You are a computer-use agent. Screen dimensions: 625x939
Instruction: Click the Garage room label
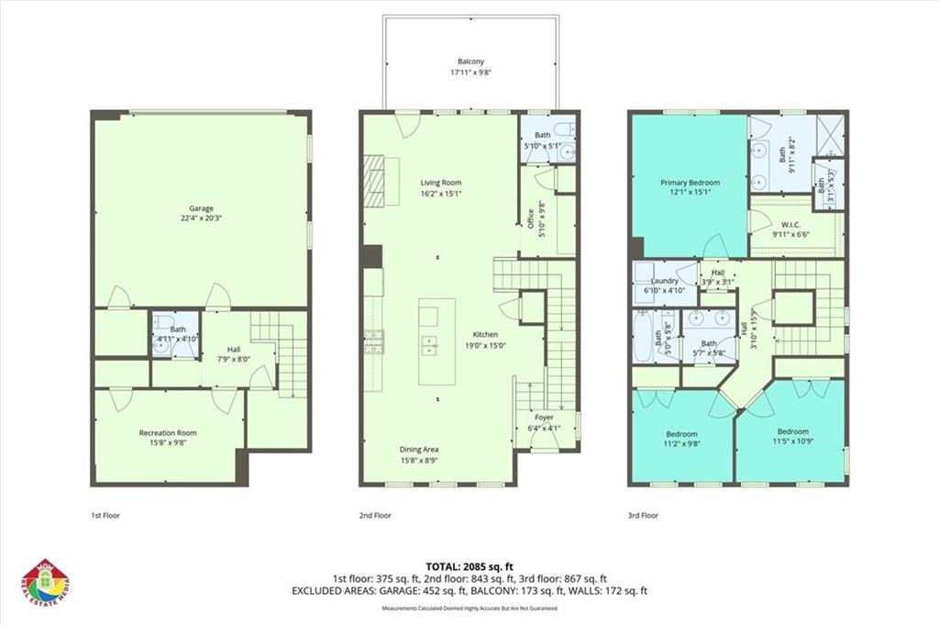201,207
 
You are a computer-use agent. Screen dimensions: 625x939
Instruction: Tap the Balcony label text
470,62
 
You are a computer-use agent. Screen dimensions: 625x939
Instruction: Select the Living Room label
440,182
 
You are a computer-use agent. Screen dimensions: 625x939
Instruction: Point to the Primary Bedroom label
690,182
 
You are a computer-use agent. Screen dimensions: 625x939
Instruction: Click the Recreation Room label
168,432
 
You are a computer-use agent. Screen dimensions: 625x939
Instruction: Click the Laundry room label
664,280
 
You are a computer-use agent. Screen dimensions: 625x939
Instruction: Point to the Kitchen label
485,334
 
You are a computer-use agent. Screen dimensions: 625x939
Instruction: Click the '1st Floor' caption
105,515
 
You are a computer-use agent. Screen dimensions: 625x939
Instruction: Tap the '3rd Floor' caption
644,515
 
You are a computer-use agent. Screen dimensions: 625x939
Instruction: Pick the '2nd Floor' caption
375,515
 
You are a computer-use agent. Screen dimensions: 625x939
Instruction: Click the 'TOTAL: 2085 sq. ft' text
469,566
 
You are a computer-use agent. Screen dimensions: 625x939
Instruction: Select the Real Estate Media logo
46,583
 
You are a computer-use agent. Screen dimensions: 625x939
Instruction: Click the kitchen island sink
428,344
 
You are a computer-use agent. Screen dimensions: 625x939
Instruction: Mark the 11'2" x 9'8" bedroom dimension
681,443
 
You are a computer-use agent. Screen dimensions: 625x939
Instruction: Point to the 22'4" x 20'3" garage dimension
201,218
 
